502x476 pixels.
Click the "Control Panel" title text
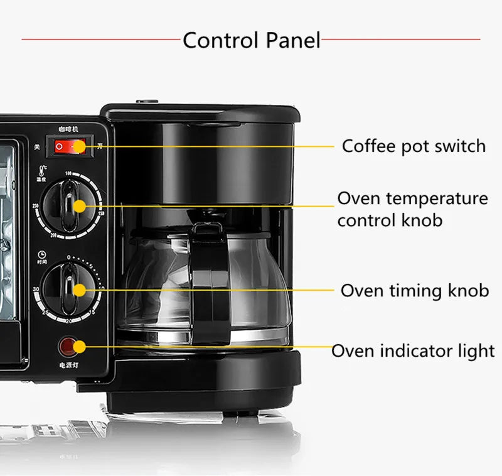(x=252, y=41)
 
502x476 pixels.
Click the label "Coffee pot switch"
(x=414, y=146)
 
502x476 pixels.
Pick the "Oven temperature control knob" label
(x=412, y=209)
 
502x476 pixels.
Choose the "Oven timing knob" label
(x=415, y=291)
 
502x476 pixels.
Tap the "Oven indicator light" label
(x=413, y=350)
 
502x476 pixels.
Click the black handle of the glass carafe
(x=210, y=276)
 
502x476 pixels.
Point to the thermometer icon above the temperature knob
(x=42, y=170)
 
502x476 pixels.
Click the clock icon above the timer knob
(x=41, y=254)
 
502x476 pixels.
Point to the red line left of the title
(x=100, y=40)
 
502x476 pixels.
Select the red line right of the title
(x=402, y=40)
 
